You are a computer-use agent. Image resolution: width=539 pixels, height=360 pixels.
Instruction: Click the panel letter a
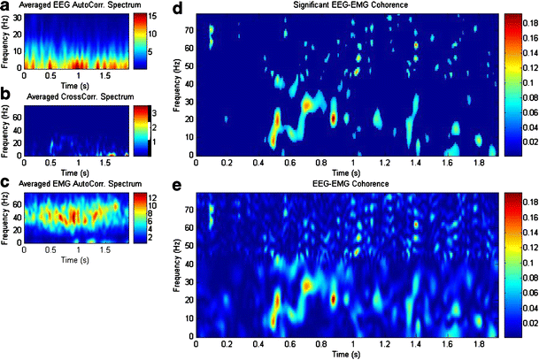(6, 8)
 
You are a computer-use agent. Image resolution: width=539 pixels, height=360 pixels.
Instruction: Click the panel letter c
(6, 183)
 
